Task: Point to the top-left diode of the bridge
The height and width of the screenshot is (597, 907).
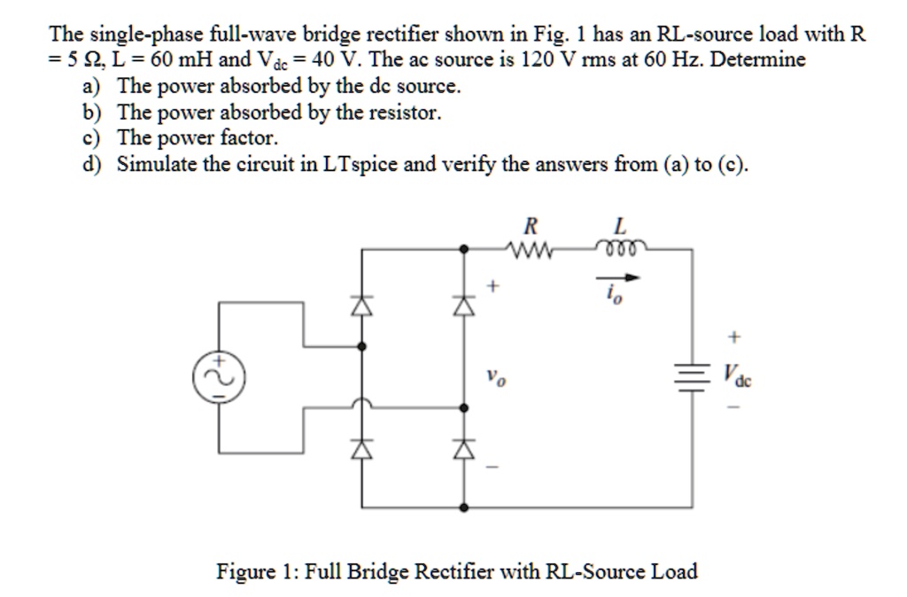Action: (x=360, y=306)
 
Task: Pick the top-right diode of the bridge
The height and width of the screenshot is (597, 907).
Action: (x=462, y=306)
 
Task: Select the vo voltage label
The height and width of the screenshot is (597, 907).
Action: (x=497, y=378)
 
